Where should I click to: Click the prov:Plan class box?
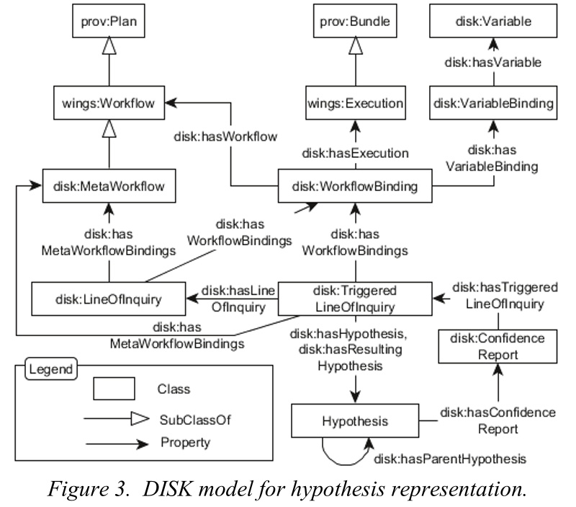(x=109, y=23)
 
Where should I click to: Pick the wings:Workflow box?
(x=109, y=104)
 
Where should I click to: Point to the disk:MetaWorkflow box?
(x=109, y=187)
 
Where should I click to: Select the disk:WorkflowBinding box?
(x=355, y=188)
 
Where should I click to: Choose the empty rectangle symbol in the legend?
(x=114, y=389)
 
